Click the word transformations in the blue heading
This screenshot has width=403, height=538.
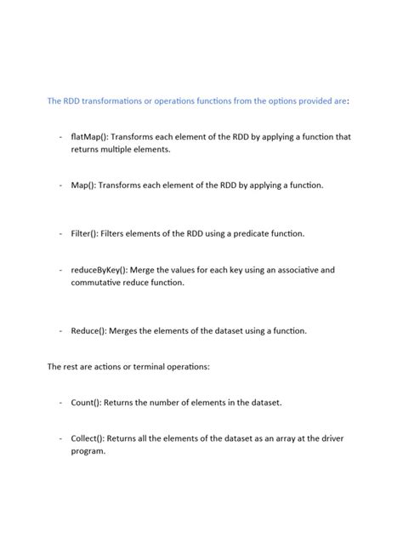105,100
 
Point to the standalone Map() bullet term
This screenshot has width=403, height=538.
82,185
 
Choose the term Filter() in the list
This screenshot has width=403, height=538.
85,233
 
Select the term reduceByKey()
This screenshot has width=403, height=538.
99,270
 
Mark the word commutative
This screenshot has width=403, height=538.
100,283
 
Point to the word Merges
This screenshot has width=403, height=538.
126,330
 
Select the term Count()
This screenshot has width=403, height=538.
87,402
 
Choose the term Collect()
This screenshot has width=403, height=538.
88,438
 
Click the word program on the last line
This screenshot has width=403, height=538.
88,451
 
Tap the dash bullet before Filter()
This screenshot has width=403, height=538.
61,233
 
